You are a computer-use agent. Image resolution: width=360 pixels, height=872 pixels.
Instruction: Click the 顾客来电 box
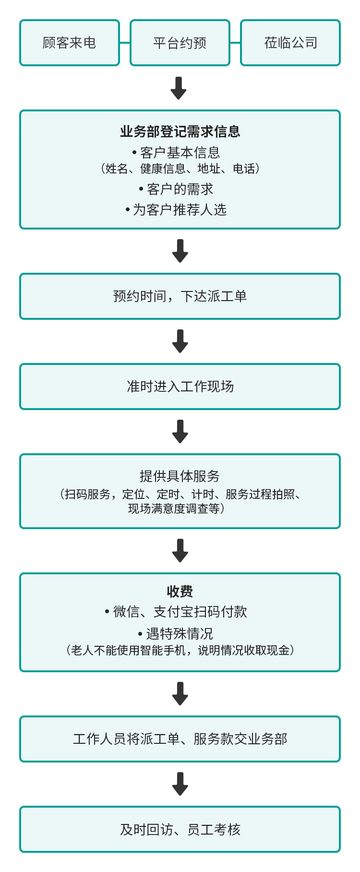tap(70, 43)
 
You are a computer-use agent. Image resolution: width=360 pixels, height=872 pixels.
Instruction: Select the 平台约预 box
tap(180, 43)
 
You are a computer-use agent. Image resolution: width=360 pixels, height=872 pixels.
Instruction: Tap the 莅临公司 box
tap(290, 43)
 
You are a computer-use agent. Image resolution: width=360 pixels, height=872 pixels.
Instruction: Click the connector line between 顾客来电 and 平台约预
tap(125, 43)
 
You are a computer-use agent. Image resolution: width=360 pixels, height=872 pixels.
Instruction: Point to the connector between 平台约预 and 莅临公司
tap(235, 43)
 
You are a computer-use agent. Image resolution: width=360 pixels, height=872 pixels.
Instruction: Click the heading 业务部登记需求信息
tap(180, 131)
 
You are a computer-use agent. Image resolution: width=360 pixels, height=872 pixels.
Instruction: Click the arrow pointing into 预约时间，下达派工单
tap(180, 251)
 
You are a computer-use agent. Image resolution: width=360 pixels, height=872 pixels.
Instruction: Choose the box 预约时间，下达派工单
tap(180, 296)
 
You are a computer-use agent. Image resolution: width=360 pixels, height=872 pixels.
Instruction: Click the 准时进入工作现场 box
tap(180, 387)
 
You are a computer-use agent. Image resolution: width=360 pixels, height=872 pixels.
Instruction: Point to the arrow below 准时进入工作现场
tap(180, 431)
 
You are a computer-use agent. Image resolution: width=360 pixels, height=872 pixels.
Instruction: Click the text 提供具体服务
tap(180, 476)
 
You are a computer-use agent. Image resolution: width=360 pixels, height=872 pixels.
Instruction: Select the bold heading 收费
tap(180, 591)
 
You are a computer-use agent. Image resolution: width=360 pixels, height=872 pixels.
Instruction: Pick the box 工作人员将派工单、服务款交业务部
tap(180, 739)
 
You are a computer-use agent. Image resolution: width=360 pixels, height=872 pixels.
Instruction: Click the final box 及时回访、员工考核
tap(180, 829)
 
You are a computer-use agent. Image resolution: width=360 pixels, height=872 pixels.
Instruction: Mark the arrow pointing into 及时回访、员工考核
tap(180, 784)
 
